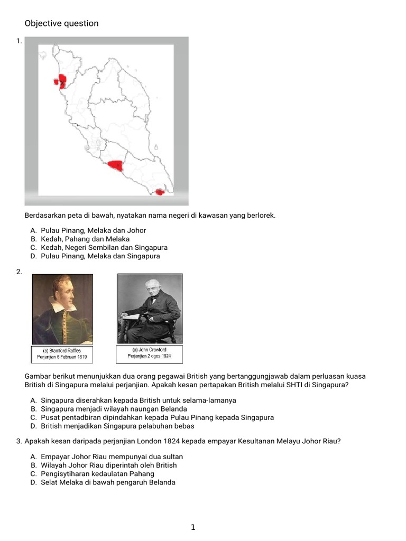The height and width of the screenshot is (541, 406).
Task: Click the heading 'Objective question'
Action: [61, 23]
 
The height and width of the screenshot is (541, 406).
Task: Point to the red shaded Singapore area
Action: [159, 192]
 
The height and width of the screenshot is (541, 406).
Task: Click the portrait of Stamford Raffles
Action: [62, 309]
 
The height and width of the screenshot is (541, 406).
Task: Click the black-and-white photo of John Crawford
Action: [150, 309]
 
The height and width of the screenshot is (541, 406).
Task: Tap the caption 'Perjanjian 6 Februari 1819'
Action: [62, 358]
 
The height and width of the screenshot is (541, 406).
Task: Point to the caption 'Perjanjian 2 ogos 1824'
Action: [149, 356]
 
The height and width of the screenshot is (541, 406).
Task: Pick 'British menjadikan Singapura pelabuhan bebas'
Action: [117, 426]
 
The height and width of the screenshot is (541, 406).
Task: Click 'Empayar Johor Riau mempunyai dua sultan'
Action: [112, 456]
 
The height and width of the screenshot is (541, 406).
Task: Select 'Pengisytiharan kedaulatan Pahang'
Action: [97, 473]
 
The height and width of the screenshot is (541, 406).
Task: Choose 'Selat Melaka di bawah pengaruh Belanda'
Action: [108, 482]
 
